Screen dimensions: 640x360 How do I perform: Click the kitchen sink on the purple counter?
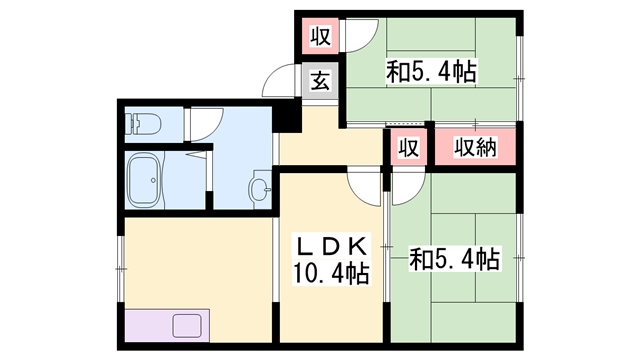point(187,326)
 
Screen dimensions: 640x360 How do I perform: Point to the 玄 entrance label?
point(319,82)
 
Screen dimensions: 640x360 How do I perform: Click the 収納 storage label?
point(476,147)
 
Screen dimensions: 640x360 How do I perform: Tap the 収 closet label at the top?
point(320,38)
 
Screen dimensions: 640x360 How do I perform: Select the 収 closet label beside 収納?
point(408,147)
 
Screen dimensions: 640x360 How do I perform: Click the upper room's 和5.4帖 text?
point(431,72)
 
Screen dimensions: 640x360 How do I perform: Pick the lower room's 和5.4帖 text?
point(455,260)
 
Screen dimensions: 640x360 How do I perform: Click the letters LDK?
point(331,246)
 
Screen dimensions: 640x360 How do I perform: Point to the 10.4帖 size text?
point(331,272)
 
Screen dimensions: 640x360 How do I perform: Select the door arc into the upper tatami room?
point(359,40)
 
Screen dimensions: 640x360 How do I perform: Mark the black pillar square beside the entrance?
point(289,117)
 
